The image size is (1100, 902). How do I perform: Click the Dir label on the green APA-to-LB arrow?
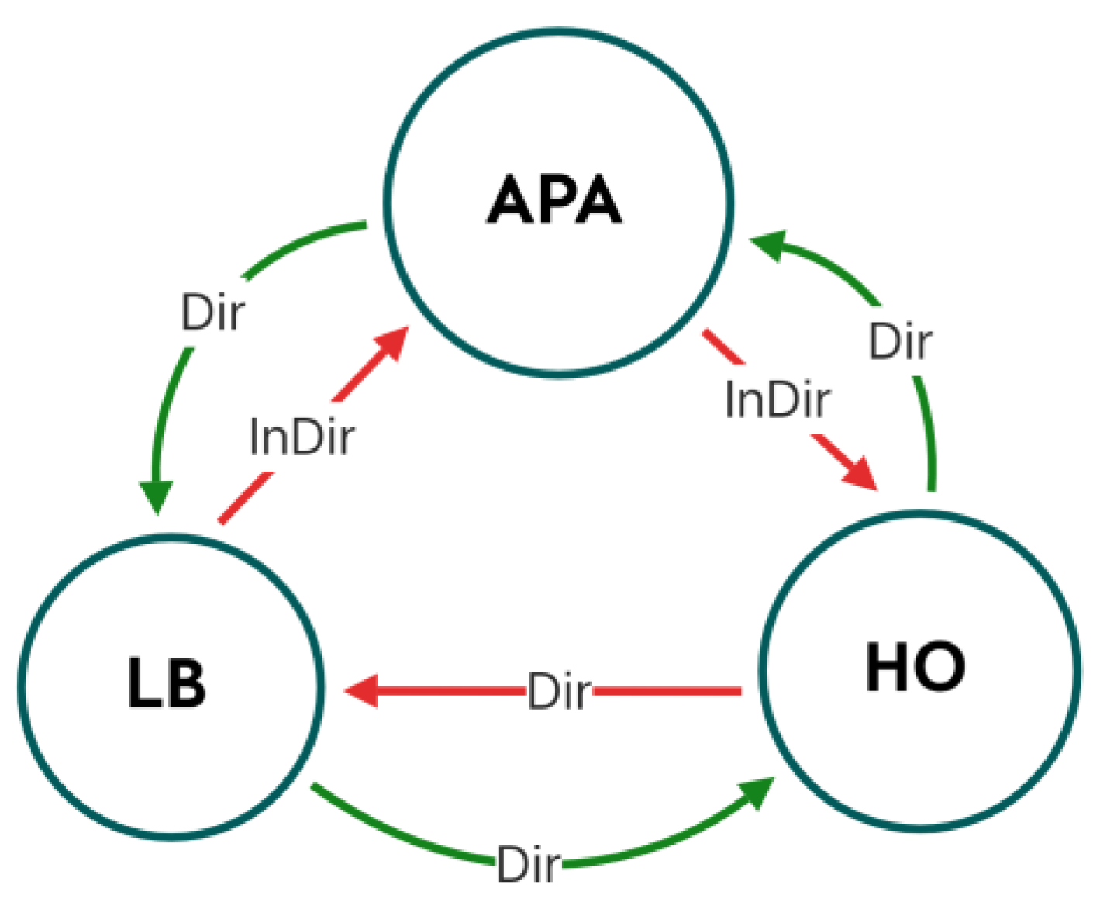212,313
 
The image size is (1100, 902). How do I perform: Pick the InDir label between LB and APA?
302,437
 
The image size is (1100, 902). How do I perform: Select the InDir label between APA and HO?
777,400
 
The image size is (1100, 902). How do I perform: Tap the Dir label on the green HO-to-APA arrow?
900,341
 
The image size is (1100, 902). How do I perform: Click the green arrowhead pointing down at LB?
156,496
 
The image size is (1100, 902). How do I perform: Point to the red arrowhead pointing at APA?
391,344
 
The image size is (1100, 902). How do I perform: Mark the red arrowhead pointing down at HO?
861,473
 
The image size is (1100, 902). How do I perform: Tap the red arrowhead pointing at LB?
361,690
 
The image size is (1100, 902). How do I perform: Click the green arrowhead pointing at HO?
756,793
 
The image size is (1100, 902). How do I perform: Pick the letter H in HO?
887,667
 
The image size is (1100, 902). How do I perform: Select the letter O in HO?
941,667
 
